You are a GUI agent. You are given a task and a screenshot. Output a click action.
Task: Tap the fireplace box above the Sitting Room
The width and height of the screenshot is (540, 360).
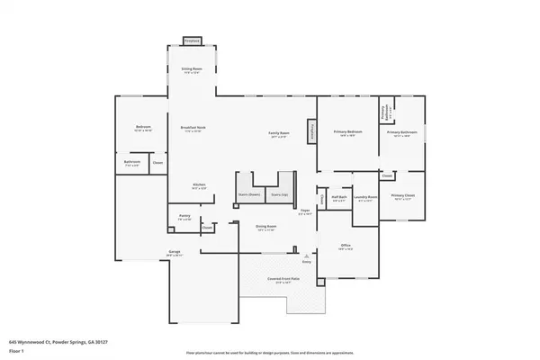click(x=191, y=41)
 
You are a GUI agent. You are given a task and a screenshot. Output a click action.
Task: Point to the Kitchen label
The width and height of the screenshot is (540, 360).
click(x=199, y=187)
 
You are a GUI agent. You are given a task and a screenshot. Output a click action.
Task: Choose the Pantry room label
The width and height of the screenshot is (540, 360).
click(x=184, y=217)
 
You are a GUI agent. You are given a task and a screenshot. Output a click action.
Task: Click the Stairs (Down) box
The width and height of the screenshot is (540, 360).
click(x=248, y=194)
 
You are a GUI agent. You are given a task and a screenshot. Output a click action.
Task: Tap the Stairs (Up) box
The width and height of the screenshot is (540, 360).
click(x=279, y=194)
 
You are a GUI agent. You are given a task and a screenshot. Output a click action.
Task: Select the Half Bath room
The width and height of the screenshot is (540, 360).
click(x=339, y=198)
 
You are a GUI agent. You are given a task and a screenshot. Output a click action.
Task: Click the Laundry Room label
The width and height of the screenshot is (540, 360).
click(x=364, y=198)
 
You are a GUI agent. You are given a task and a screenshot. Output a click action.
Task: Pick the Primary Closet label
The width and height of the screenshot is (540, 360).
click(x=402, y=196)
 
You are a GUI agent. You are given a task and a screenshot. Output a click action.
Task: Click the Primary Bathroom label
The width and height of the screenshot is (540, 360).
click(x=399, y=133)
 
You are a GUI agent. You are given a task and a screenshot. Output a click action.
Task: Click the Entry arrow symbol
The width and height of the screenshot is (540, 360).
click(x=306, y=256)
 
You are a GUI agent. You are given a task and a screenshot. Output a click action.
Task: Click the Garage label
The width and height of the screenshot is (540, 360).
click(x=174, y=253)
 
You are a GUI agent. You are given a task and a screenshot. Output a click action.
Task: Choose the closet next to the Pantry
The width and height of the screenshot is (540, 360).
click(x=206, y=229)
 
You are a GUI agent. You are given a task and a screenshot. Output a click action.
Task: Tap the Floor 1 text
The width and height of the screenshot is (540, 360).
click(x=15, y=350)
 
